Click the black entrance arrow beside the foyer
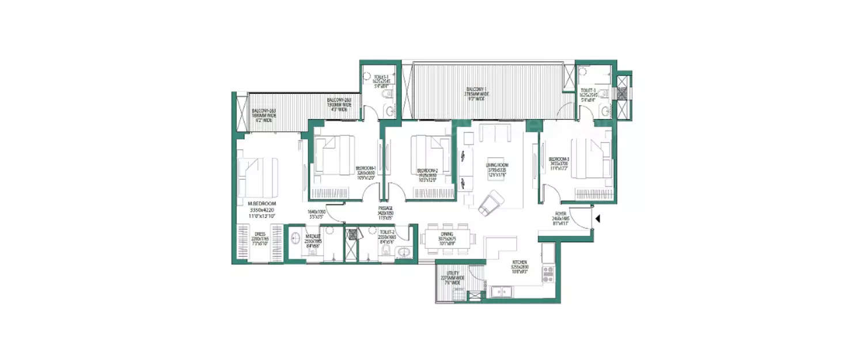(598, 218)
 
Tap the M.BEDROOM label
(262, 204)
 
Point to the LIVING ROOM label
(497, 165)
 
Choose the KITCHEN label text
(520, 262)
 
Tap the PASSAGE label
(385, 209)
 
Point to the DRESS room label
(259, 234)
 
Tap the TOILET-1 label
(381, 77)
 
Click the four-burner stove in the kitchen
(548, 274)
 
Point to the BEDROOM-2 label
(427, 171)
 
